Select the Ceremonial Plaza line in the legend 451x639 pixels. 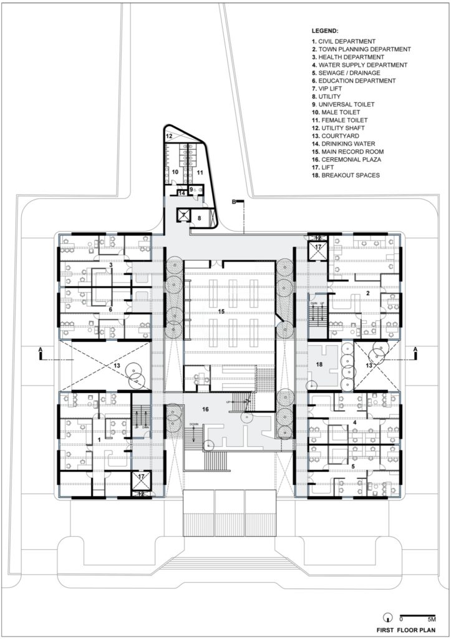click(351, 160)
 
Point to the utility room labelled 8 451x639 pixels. click(200, 218)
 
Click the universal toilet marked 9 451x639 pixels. click(192, 189)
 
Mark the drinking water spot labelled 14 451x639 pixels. click(182, 193)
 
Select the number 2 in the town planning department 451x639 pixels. click(369, 292)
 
